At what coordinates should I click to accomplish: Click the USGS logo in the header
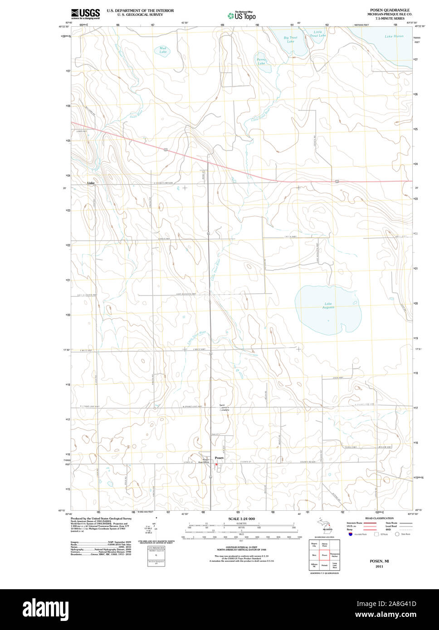pos(85,13)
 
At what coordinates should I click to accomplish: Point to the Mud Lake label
pos(163,50)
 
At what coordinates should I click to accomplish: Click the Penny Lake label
pos(262,61)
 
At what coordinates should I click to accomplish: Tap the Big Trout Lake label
pos(290,39)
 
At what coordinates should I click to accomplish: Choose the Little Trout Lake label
pos(318,34)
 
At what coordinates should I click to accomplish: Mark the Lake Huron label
pos(394,36)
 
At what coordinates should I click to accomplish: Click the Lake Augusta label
pos(328,305)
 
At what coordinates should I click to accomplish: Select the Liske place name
pos(91,183)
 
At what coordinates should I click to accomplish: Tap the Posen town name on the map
pos(219,458)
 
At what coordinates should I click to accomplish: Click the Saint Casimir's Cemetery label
pos(224,407)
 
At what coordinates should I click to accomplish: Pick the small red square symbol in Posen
pos(217,464)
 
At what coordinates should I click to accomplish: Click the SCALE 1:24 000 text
pos(241,519)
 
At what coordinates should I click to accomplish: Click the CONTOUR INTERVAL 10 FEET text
pos(241,548)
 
